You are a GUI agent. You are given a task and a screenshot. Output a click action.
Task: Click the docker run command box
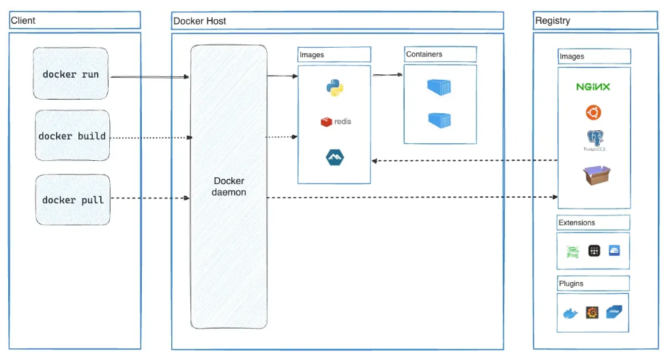pos(71,74)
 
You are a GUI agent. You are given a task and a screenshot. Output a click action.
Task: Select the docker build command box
pos(72,136)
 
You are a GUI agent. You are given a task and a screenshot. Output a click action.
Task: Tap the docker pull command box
pos(72,200)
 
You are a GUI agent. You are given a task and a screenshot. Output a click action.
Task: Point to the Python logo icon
pos(334,88)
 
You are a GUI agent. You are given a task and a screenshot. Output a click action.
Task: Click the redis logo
pos(335,121)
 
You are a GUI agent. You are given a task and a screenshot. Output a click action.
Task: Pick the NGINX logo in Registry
pos(593,87)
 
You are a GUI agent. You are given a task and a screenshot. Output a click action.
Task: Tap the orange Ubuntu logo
pos(593,112)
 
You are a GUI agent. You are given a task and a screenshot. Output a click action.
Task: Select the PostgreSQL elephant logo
pos(594,140)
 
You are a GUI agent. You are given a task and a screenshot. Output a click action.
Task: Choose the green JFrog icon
pos(572,252)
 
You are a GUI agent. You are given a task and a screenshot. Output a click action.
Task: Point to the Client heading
pos(23,20)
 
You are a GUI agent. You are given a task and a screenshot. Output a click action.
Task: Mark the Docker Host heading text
pos(200,21)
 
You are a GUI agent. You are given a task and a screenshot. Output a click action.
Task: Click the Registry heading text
pos(553,20)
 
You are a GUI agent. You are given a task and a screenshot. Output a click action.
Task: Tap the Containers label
pos(424,54)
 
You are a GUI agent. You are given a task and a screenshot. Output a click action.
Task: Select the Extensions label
pos(577,222)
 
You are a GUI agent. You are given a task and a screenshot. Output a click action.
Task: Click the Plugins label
pos(571,283)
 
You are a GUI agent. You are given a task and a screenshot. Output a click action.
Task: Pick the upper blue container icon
pos(439,87)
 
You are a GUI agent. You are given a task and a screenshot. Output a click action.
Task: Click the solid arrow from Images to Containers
pos(387,75)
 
